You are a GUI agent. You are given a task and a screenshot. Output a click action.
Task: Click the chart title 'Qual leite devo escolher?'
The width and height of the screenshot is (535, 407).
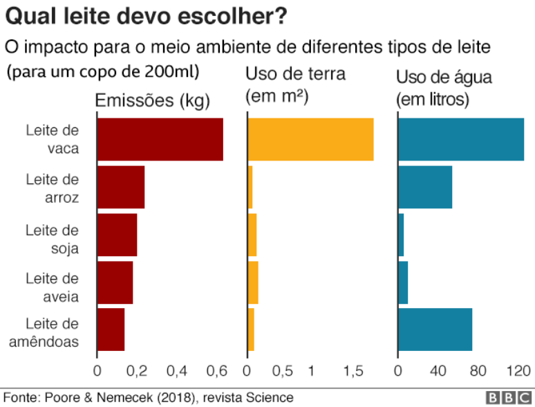pyautogui.click(x=151, y=15)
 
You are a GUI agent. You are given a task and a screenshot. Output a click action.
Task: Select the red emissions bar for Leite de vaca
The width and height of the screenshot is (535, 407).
pyautogui.click(x=160, y=139)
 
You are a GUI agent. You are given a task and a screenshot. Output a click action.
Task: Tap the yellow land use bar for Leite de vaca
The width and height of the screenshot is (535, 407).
pyautogui.click(x=310, y=139)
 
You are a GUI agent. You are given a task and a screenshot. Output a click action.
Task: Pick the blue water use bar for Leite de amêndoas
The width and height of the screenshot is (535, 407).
pyautogui.click(x=435, y=329)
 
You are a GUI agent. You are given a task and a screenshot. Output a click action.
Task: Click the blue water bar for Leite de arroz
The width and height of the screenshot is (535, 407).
pyautogui.click(x=425, y=187)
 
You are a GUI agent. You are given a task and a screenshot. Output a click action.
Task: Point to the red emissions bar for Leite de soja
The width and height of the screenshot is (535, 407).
pyautogui.click(x=117, y=235)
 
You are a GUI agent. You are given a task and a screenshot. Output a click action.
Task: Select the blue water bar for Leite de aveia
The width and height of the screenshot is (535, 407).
pyautogui.click(x=403, y=282)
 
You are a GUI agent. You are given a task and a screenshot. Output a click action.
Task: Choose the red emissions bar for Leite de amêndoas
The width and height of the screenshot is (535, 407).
pyautogui.click(x=111, y=329)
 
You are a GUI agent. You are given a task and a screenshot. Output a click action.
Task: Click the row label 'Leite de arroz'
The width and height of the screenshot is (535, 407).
pyautogui.click(x=53, y=188)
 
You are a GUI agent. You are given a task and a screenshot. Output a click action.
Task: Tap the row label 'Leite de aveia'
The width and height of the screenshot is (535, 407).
pyautogui.click(x=53, y=287)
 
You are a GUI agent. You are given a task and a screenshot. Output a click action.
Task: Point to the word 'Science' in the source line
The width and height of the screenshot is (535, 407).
pyautogui.click(x=271, y=398)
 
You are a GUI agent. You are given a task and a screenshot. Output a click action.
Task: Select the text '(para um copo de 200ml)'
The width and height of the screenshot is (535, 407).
pyautogui.click(x=104, y=71)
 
